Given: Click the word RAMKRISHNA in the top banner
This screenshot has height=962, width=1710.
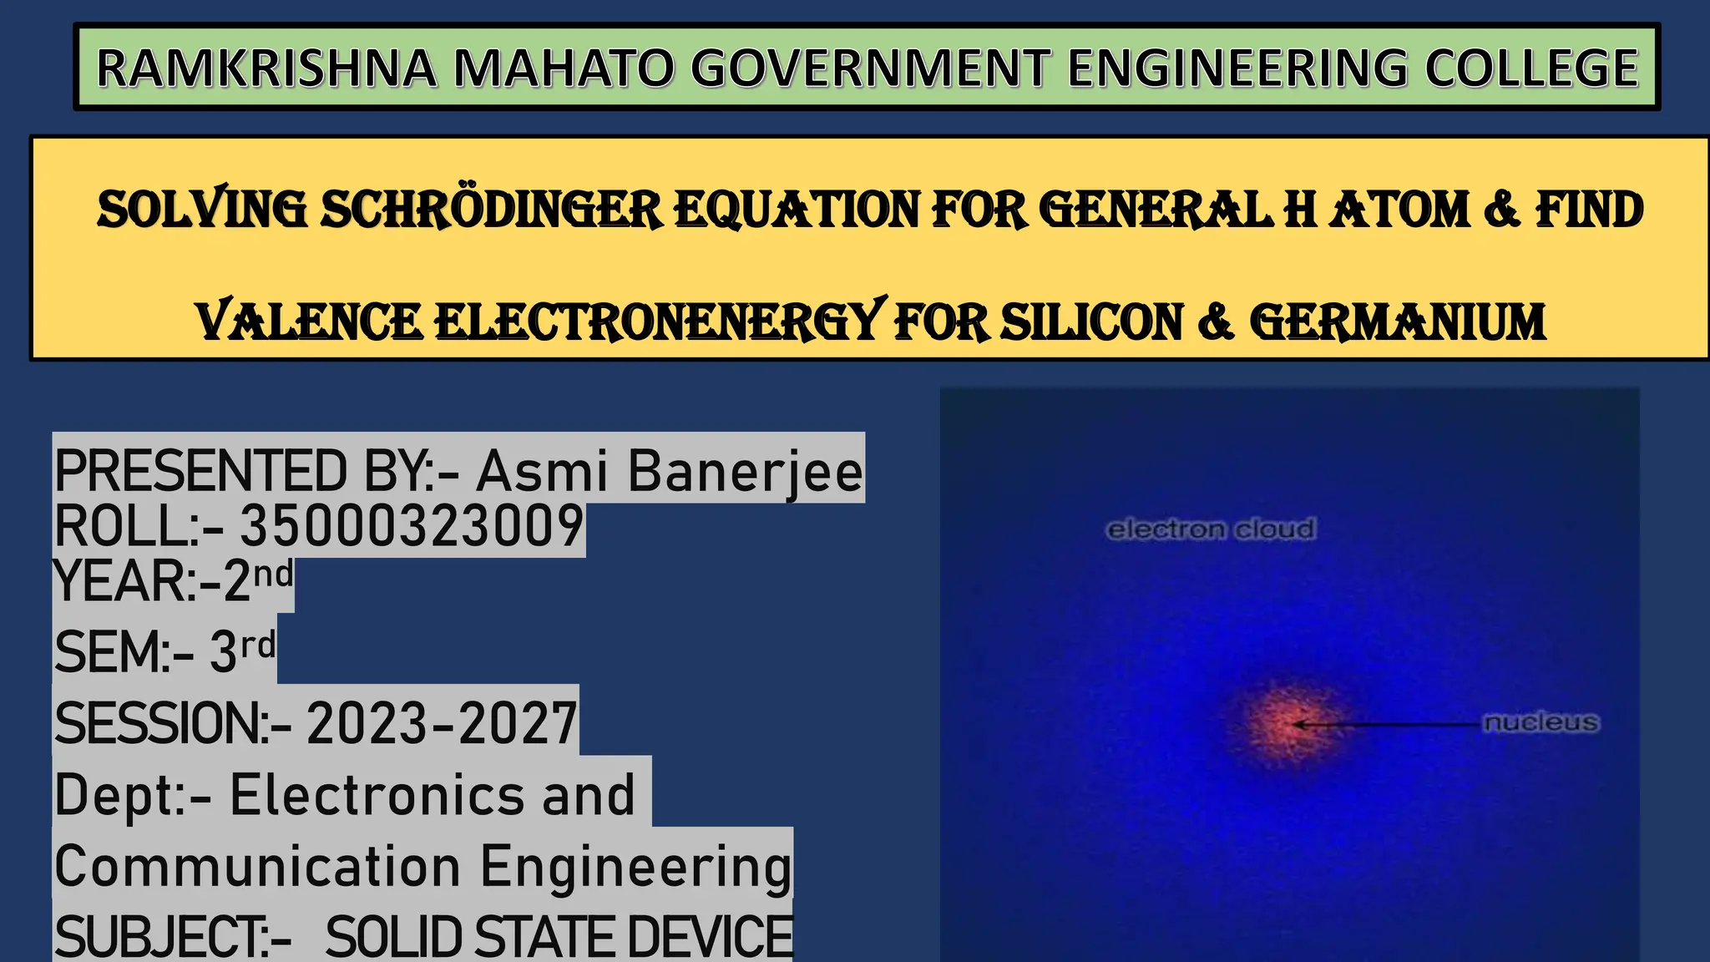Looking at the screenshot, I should pos(266,68).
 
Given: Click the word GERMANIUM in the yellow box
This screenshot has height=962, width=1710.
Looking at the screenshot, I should pos(1397,323).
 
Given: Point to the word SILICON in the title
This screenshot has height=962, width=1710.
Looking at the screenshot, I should pos(1091,323).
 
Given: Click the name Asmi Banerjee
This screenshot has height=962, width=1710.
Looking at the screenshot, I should pos(669,471).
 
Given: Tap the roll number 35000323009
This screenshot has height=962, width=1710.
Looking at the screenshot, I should pos(412,527).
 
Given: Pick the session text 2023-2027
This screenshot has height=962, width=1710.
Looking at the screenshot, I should pos(442,723).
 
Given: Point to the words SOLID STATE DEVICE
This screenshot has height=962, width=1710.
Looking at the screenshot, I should pos(559,937).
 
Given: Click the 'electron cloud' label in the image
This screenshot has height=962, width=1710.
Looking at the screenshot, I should pos(1210,529).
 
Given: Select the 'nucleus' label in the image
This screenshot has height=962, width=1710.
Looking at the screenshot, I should pos(1541,722).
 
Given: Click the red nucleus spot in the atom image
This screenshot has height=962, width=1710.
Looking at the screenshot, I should pos(1286,723).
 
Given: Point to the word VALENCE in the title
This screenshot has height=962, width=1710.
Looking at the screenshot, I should pos(309,323).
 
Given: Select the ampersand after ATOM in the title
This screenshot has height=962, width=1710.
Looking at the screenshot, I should pos(1501,210).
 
